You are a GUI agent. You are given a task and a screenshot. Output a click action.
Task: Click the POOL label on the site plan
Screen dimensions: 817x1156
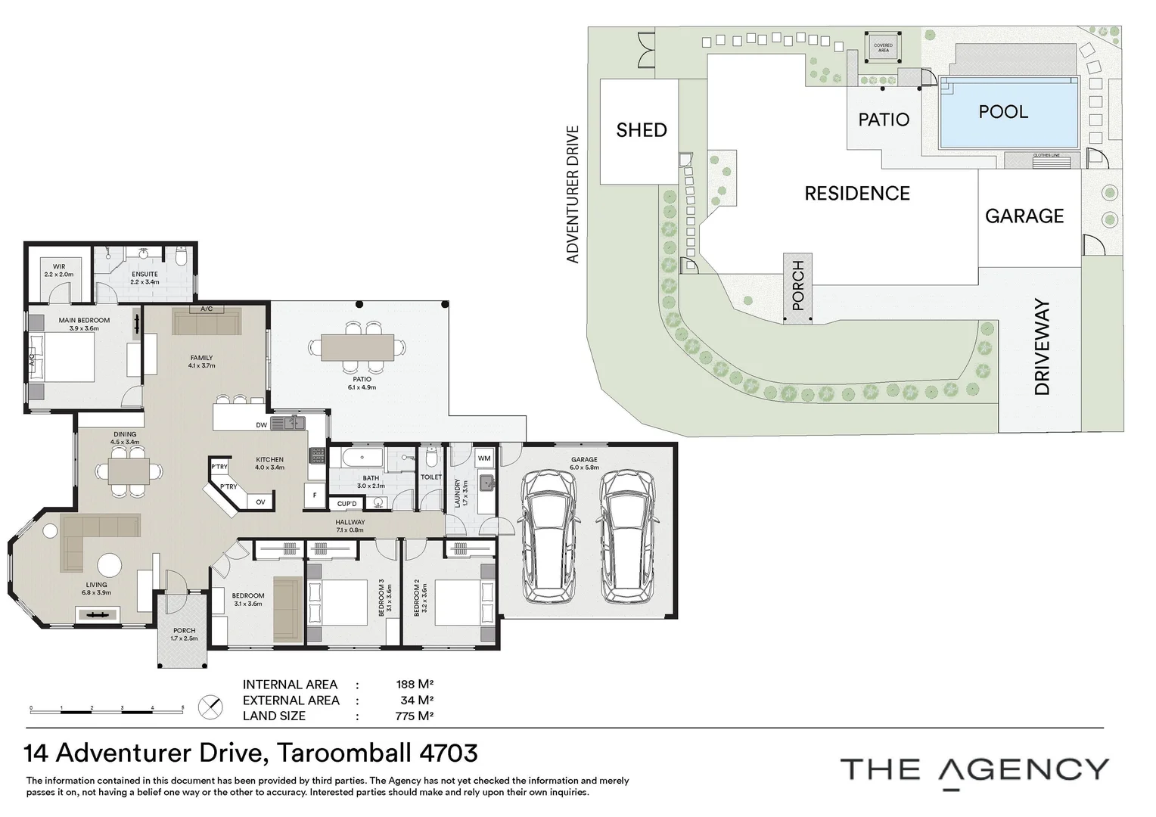1003,112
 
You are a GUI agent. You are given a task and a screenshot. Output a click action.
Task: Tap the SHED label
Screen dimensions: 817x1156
642,130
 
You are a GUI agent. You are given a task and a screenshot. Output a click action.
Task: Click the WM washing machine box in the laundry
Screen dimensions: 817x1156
484,458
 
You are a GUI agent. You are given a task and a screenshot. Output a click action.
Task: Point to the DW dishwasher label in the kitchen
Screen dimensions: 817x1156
261,425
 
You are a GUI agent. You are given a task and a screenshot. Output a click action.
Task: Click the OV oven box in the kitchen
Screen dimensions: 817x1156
260,502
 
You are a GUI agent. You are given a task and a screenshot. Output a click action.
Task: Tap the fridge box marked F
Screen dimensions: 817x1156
314,495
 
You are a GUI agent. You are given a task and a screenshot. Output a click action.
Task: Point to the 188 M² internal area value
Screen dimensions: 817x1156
415,685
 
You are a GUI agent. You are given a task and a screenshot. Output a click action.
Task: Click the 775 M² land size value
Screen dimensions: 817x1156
415,716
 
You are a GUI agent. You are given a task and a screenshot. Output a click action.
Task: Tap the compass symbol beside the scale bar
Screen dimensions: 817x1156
210,707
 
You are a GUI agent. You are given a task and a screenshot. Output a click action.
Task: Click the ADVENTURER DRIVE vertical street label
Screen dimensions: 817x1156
573,194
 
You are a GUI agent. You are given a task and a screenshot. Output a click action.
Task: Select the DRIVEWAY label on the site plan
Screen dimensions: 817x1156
1043,347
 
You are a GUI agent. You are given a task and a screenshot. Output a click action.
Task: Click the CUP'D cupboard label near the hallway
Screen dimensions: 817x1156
347,504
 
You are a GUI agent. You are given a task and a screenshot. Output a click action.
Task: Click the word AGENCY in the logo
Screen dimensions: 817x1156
1023,769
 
